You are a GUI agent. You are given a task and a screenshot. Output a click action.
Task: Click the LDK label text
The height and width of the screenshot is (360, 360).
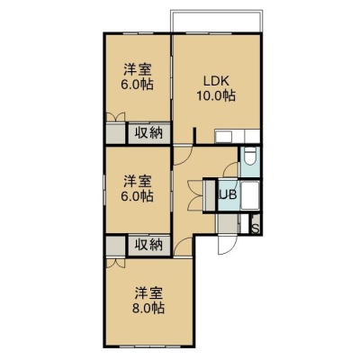click(216, 81)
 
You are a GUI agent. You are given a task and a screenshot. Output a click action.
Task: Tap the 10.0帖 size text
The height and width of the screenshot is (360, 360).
click(216, 95)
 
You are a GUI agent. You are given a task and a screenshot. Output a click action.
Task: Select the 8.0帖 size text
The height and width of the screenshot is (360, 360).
click(148, 308)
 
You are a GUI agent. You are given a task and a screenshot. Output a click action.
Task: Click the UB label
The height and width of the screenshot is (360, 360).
click(229, 194)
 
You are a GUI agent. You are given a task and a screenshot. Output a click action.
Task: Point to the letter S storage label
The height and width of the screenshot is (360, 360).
click(256, 229)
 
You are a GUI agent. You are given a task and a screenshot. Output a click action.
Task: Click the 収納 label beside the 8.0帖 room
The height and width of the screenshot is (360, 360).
click(148, 245)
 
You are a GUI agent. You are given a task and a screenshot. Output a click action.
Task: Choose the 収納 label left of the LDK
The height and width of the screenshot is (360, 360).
click(148, 132)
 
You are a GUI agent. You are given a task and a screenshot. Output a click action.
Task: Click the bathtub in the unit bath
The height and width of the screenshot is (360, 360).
click(250, 195)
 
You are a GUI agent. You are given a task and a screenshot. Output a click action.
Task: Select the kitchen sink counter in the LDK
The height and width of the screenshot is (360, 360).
click(237, 137)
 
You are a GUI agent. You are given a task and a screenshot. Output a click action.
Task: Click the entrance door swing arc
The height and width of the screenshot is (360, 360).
click(228, 245)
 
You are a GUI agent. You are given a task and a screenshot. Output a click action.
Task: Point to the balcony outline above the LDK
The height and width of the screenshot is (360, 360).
click(217, 21)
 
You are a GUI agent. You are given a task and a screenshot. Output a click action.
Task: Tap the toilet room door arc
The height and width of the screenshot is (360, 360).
click(229, 168)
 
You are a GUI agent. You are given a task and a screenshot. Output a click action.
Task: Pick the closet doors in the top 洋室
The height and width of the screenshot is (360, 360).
click(116, 117)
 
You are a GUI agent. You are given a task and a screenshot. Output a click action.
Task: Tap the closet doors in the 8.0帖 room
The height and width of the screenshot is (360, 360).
click(116, 263)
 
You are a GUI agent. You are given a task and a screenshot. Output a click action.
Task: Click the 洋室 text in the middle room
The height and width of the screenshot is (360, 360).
click(138, 182)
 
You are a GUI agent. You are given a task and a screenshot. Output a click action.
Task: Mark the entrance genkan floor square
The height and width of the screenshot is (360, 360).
click(228, 223)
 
